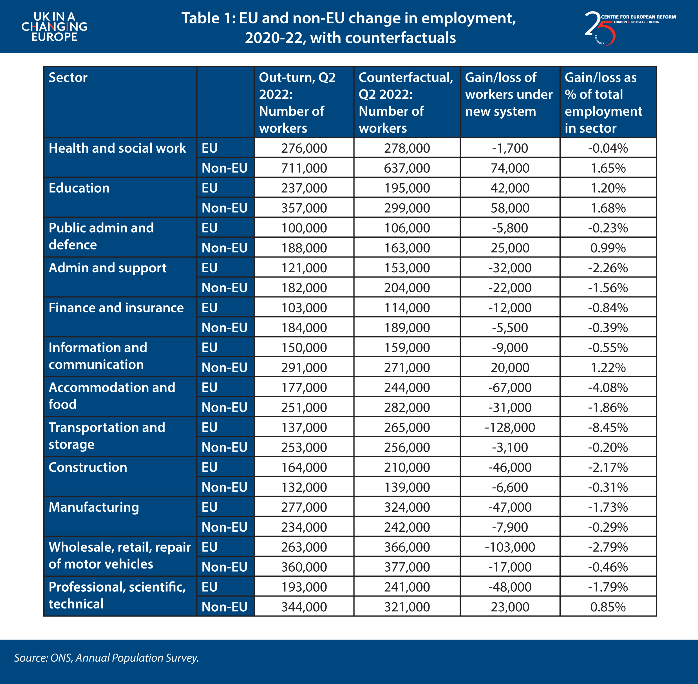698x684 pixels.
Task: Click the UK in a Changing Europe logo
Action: pos(54,26)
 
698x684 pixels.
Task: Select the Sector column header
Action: pos(68,78)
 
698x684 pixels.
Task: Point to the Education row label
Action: pos(79,188)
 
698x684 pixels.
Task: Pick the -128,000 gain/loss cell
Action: pos(510,427)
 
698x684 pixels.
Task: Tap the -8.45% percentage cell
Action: pos(608,427)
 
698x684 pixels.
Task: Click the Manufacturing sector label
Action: pos(94,507)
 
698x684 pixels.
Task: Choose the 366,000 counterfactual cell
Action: pos(407,547)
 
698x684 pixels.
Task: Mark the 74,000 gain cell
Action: pos(510,168)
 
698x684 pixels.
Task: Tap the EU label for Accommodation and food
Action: pos(209,387)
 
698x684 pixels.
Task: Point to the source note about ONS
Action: pos(106,658)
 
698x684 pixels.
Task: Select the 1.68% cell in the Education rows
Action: pos(608,208)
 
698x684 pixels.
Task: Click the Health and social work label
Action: pos(117,148)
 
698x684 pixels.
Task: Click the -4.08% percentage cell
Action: pos(608,387)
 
